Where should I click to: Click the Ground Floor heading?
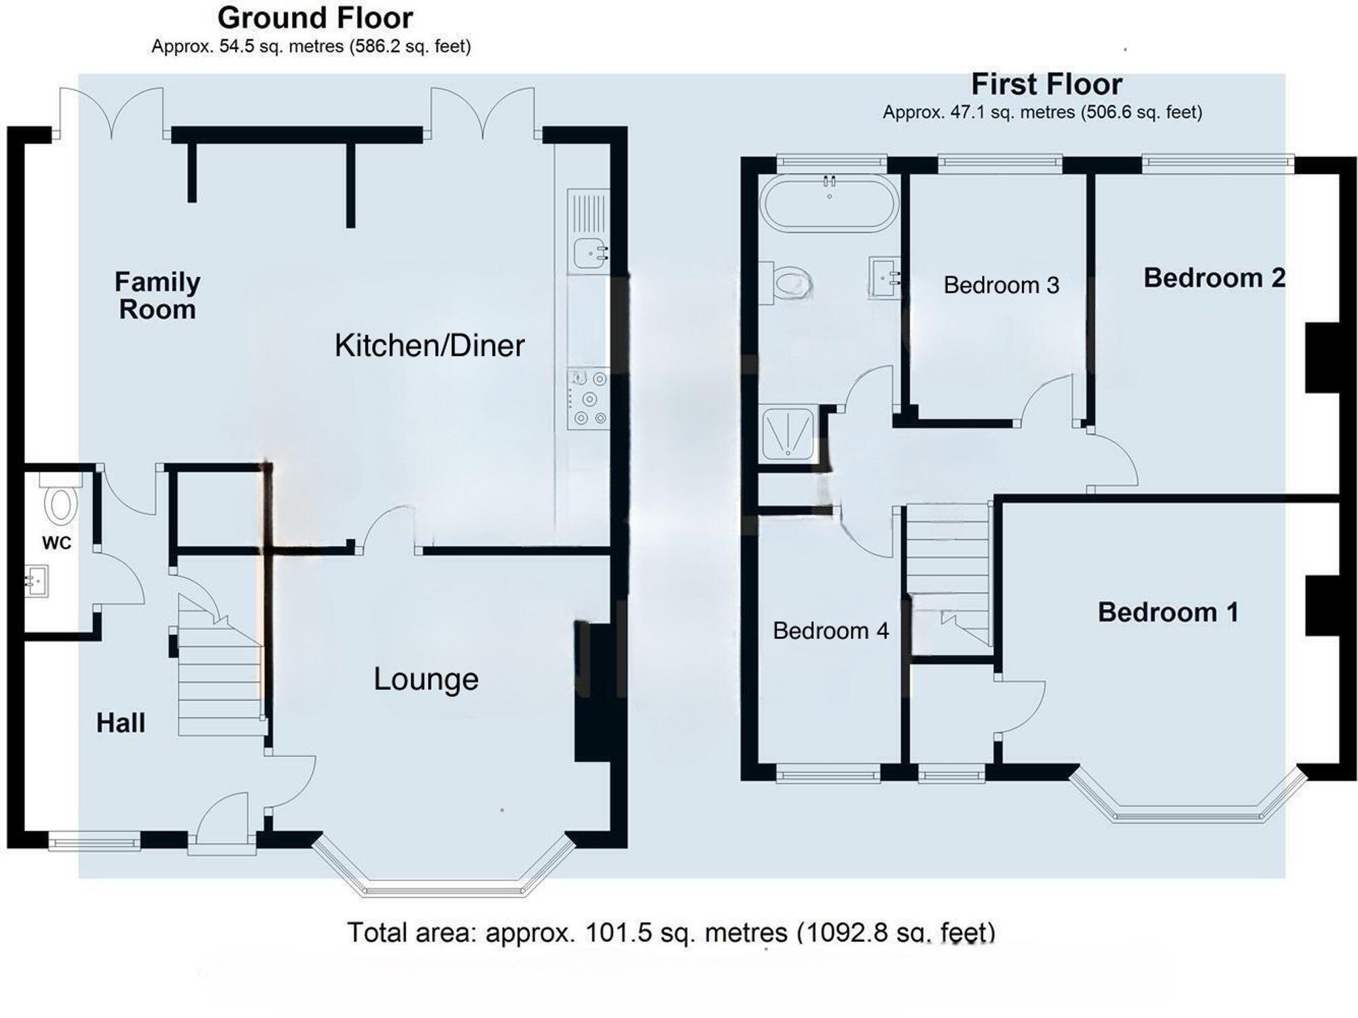pyautogui.click(x=315, y=18)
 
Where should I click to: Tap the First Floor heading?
pyautogui.click(x=1046, y=85)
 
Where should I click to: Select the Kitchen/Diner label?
pyautogui.click(x=429, y=346)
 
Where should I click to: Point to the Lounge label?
pyautogui.click(x=426, y=679)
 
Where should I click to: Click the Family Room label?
pyautogui.click(x=157, y=295)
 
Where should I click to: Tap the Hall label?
pyautogui.click(x=121, y=723)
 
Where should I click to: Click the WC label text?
pyautogui.click(x=56, y=543)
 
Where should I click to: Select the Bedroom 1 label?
pyautogui.click(x=1168, y=613)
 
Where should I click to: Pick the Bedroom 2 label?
pyautogui.click(x=1214, y=278)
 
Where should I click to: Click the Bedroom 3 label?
pyautogui.click(x=1001, y=285)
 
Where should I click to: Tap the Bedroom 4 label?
pyautogui.click(x=830, y=631)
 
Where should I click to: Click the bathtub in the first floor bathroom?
pyautogui.click(x=829, y=204)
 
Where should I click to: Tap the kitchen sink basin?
pyautogui.click(x=589, y=253)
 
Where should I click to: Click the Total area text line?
pyautogui.click(x=671, y=932)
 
